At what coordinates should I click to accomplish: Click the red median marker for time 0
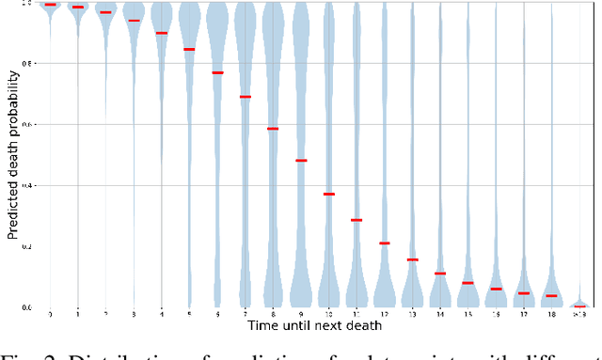pyautogui.click(x=50, y=5)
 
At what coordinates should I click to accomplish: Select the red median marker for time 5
pyautogui.click(x=189, y=49)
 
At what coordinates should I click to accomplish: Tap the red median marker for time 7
pyautogui.click(x=246, y=97)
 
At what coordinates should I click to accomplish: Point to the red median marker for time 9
pyautogui.click(x=301, y=161)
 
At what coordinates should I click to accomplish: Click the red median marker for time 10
pyautogui.click(x=329, y=194)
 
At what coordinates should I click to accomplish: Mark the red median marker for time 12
pyautogui.click(x=385, y=243)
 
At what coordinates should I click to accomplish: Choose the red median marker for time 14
pyautogui.click(x=440, y=274)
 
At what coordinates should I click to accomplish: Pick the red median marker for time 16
pyautogui.click(x=496, y=289)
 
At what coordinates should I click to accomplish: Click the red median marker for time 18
pyautogui.click(x=551, y=296)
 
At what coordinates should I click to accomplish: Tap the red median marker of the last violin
pyautogui.click(x=579, y=306)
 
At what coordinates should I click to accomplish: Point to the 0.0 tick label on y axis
pyautogui.click(x=27, y=307)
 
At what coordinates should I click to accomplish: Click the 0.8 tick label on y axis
pyautogui.click(x=27, y=64)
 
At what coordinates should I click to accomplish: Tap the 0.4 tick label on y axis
pyautogui.click(x=27, y=186)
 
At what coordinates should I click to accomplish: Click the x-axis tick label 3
pyautogui.click(x=134, y=314)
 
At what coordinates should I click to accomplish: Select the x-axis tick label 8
pyautogui.click(x=273, y=314)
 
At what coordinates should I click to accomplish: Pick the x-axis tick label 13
pyautogui.click(x=412, y=314)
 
